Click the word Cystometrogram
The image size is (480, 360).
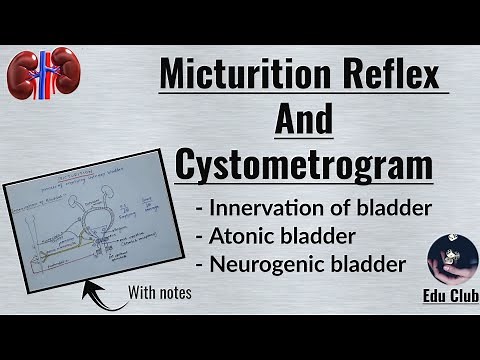(304, 164)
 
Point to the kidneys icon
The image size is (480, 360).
(43, 73)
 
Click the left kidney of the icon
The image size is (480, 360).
(26, 73)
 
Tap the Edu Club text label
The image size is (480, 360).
(447, 298)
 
